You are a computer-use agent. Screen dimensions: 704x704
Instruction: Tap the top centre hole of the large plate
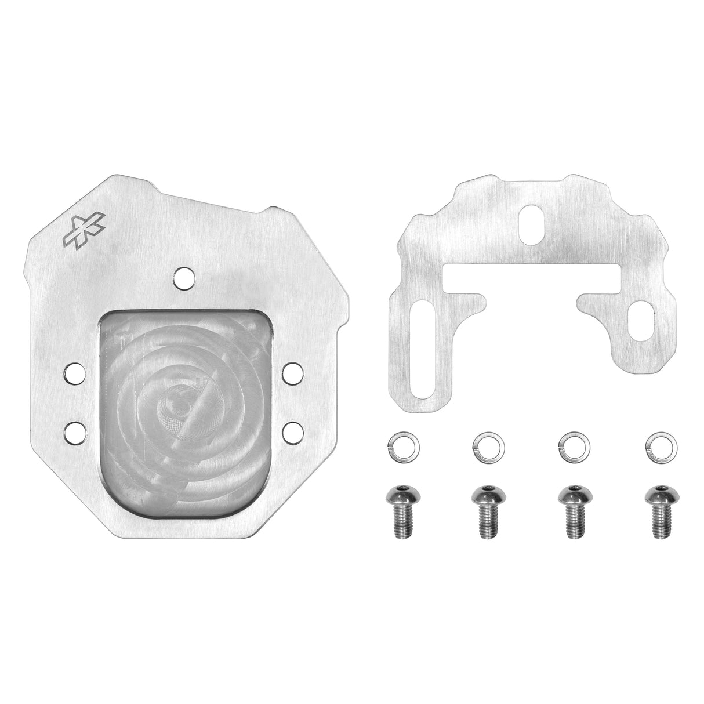point(184,278)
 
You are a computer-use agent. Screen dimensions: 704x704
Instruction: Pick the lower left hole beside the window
point(74,430)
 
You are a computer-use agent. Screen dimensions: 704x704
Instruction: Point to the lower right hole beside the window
point(292,430)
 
